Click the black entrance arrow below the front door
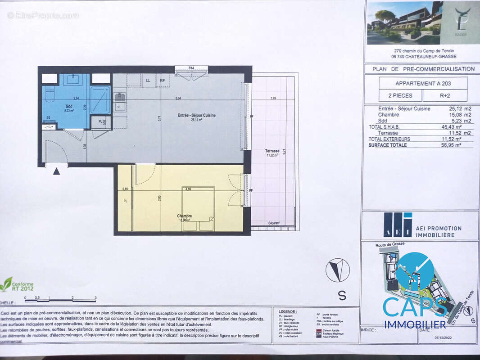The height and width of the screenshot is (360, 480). click(x=56, y=171)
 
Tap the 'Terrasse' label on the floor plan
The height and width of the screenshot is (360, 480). click(x=272, y=151)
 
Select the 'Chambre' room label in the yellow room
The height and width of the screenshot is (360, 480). click(x=184, y=216)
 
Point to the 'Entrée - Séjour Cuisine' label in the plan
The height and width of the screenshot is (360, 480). click(x=196, y=116)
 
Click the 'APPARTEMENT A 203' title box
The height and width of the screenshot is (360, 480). click(x=423, y=83)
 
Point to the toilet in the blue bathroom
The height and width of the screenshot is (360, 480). click(x=49, y=95)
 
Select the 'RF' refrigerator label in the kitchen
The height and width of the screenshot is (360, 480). click(x=162, y=81)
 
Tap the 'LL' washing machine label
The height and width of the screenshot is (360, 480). click(x=148, y=81)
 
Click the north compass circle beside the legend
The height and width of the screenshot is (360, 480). click(x=337, y=270)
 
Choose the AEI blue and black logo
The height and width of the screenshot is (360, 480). click(x=398, y=225)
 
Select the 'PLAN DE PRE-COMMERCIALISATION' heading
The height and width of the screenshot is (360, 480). click(x=423, y=69)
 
